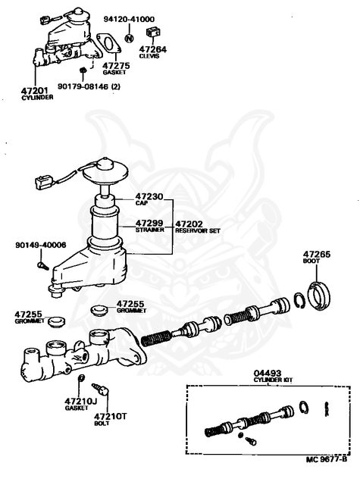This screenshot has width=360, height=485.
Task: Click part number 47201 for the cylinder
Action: coord(37,89)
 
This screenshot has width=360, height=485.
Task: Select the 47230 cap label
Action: coord(149,196)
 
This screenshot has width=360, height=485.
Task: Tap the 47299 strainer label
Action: coord(149,224)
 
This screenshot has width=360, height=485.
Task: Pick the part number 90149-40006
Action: coord(40,245)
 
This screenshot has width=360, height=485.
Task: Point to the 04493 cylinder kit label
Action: coord(268,372)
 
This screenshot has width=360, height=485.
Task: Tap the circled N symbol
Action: coord(128,36)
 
